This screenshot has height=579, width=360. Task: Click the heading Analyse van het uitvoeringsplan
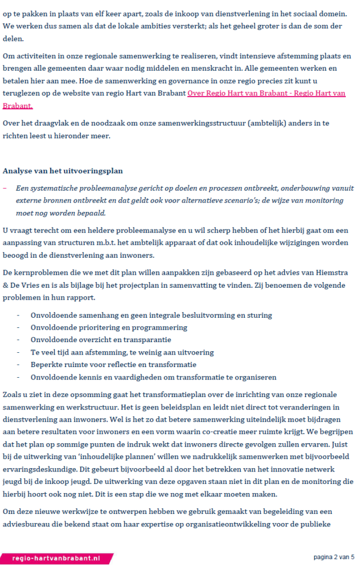(x=63, y=170)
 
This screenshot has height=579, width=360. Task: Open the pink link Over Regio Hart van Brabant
(x=266, y=93)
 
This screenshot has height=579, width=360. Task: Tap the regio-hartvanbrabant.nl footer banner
(x=56, y=558)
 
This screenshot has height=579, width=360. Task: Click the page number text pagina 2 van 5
(x=334, y=557)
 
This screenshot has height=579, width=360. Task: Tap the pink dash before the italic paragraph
(x=5, y=188)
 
